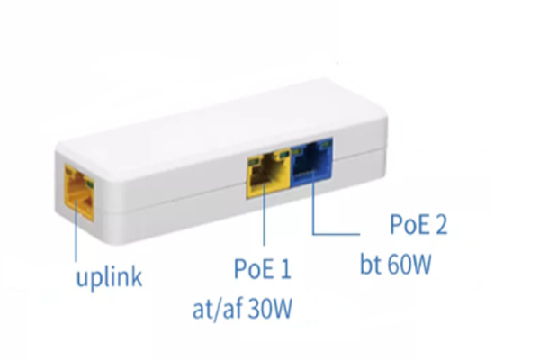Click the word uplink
pos(109,277)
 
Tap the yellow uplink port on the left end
pos(79,193)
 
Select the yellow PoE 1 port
pos(268,175)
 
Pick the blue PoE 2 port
pos(312,162)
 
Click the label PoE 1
pos(263,269)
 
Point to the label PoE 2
pos(418,224)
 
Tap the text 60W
pos(409,265)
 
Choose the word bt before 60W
pos(371,265)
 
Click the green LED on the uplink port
pos(90,184)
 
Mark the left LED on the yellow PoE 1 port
pos(254,160)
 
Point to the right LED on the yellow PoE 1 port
pos(284,155)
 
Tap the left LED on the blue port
pos(296,150)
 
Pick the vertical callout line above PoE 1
pos(264,214)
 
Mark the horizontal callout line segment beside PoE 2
pos(337,234)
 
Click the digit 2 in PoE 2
pos(440,224)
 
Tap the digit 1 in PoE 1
pos(286,269)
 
